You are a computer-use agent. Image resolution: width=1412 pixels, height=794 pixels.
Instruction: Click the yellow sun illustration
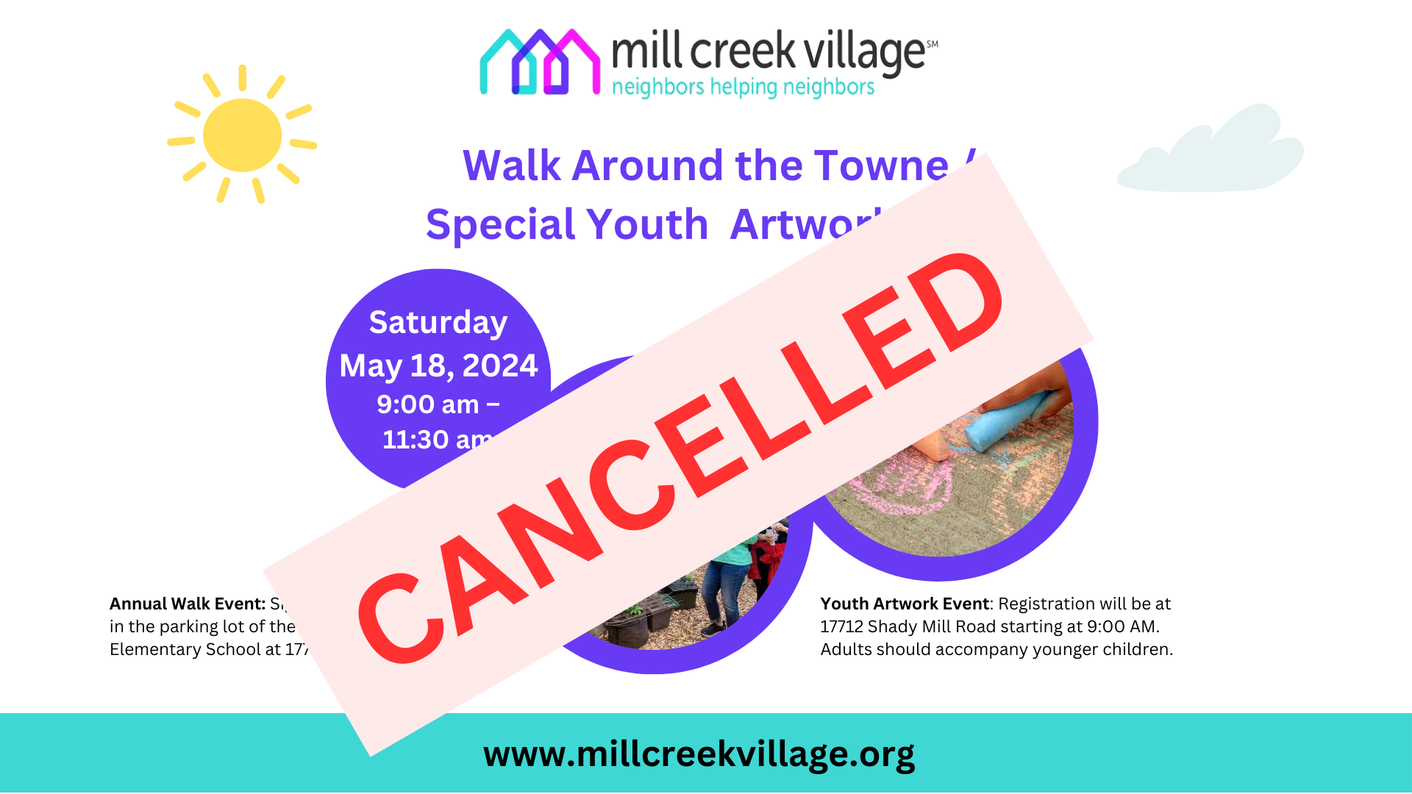(242, 135)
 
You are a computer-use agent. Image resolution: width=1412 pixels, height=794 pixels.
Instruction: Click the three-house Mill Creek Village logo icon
(539, 63)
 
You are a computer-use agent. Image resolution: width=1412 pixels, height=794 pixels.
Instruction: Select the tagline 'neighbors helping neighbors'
(743, 87)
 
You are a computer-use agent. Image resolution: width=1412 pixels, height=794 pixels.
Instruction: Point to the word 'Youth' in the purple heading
(647, 224)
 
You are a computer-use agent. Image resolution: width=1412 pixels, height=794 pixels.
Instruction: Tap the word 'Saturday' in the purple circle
(438, 322)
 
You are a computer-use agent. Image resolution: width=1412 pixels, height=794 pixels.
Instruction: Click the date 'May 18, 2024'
(438, 365)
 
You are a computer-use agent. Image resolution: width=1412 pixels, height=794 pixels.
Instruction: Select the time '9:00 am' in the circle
(428, 404)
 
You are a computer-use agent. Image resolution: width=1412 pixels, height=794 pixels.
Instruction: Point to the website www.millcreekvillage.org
(699, 754)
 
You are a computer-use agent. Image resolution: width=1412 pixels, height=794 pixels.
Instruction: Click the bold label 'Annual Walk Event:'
(188, 604)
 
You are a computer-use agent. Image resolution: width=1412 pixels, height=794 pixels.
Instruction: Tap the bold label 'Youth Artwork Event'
(905, 604)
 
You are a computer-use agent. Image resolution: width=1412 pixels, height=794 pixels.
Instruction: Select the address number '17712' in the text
(841, 626)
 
